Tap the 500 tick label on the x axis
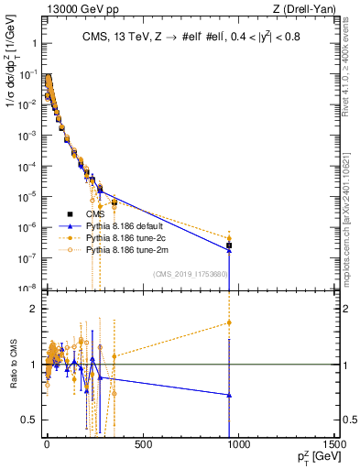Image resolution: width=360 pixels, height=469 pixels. (x=142, y=445)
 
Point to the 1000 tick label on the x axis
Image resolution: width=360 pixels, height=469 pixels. (x=238, y=445)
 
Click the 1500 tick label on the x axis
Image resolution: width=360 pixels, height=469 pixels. (x=333, y=445)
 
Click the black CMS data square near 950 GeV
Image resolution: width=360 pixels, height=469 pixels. (x=229, y=245)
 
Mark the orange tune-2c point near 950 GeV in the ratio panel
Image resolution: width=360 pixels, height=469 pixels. (x=229, y=322)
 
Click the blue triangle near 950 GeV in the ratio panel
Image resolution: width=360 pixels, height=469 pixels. (x=229, y=395)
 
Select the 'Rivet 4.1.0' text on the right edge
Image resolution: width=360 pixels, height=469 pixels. (x=349, y=73)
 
